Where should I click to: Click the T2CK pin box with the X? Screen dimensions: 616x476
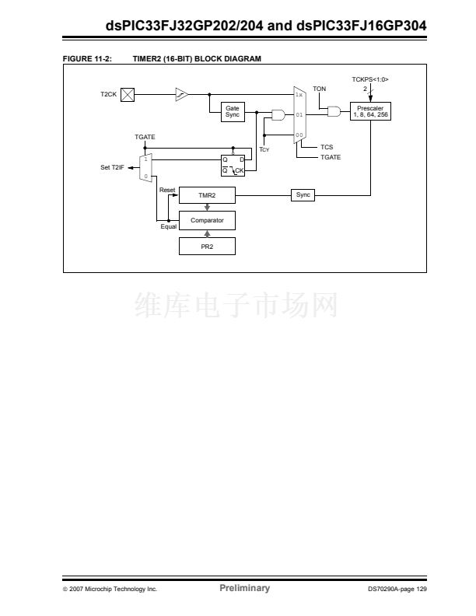(128, 94)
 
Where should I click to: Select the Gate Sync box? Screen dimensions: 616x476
(233, 112)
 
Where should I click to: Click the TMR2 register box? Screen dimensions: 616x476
(207, 194)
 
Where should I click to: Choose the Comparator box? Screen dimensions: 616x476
(207, 220)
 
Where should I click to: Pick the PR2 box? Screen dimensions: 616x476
(207, 246)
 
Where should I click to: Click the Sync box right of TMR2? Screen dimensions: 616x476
(303, 194)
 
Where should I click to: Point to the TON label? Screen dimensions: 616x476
(320, 89)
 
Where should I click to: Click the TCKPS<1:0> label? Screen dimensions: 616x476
(370, 79)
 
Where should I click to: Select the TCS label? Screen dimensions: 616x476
(327, 146)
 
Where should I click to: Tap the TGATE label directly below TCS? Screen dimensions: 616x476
(331, 157)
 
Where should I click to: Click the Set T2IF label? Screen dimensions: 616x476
(113, 167)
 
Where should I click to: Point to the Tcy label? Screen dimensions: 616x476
(264, 149)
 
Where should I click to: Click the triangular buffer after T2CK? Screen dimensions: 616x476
(181, 94)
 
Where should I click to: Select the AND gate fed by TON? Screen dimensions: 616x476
(334, 111)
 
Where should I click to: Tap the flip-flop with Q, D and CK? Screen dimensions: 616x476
(233, 164)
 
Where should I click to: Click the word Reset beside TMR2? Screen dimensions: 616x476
(167, 190)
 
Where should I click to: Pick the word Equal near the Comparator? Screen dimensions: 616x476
(169, 226)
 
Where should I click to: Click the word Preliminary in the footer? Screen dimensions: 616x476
(244, 588)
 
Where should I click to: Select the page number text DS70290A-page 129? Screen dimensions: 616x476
(397, 589)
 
